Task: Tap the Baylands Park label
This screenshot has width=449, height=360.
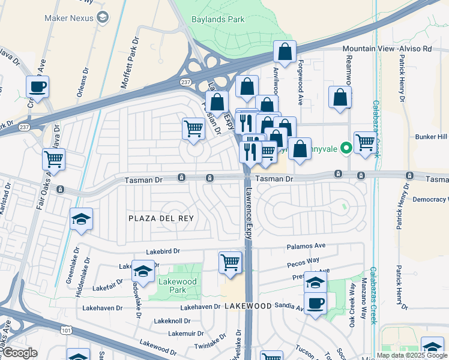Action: click(x=218, y=19)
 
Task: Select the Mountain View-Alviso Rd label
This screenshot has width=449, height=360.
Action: click(x=395, y=48)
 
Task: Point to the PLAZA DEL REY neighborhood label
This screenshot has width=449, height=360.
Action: click(x=161, y=218)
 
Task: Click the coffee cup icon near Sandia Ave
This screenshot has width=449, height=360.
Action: click(x=315, y=302)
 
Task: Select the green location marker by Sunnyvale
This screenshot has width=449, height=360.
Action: click(x=346, y=146)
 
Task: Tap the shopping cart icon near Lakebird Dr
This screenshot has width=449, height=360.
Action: click(x=231, y=262)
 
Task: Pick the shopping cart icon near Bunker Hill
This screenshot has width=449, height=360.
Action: click(x=364, y=142)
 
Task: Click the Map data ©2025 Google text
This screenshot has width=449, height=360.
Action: click(x=411, y=355)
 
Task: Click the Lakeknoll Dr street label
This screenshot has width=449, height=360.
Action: click(x=172, y=321)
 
